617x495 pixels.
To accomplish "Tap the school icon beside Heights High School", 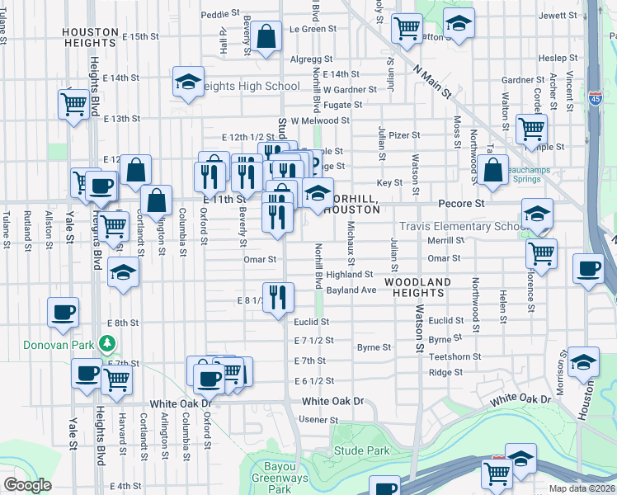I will (x=188, y=82).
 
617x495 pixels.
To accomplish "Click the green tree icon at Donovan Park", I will (x=106, y=342).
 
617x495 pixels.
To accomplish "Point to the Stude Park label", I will (x=361, y=451).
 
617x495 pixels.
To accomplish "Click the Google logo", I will (x=27, y=485).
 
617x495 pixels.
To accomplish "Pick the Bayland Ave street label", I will (x=351, y=290).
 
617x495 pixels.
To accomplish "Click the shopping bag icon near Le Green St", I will (x=266, y=37).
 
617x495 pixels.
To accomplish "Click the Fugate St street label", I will (x=342, y=105).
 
